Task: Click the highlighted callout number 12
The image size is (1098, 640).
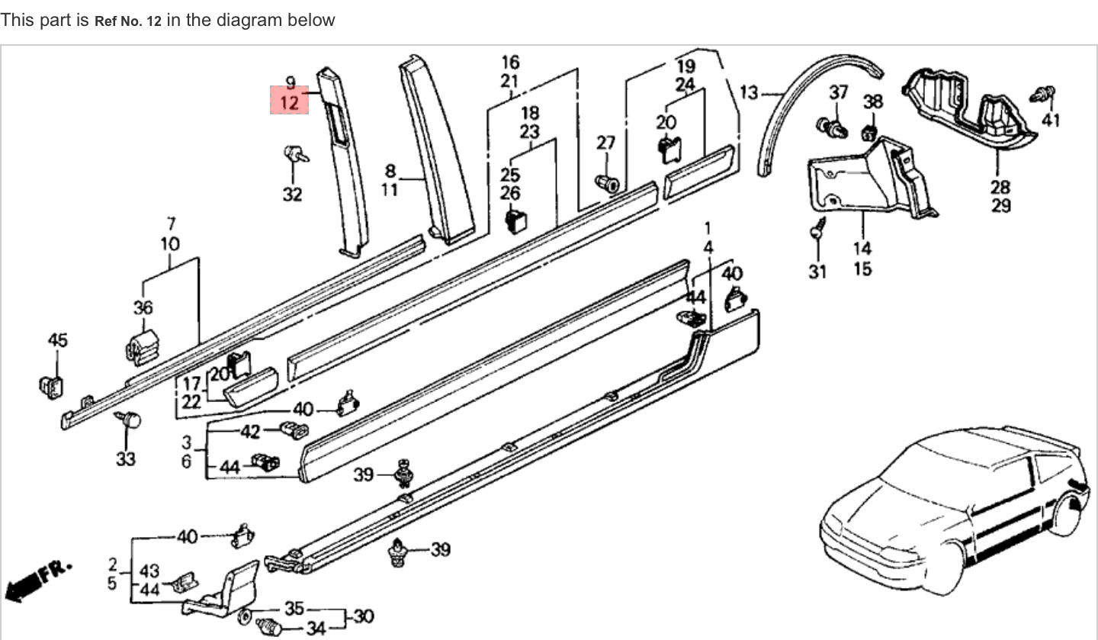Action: [290, 102]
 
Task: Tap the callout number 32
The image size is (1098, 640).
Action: [292, 195]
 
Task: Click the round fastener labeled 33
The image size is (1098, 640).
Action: [130, 419]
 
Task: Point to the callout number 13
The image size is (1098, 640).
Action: [749, 93]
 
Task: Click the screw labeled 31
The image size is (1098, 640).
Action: [817, 228]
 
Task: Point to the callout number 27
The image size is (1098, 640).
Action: [605, 143]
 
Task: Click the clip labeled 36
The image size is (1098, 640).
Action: [142, 346]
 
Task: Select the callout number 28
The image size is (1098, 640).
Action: [1000, 186]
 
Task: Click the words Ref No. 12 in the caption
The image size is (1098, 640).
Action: [127, 21]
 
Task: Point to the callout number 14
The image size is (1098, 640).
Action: [862, 248]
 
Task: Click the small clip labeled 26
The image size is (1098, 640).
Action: [518, 220]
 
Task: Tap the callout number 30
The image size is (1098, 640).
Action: [364, 616]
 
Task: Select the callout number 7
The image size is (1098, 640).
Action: [171, 224]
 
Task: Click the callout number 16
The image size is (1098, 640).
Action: [510, 62]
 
